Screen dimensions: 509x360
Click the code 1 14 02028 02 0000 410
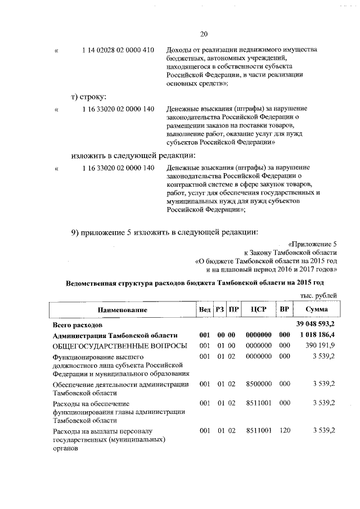pos(118,50)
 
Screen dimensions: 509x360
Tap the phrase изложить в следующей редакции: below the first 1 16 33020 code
pos(133,155)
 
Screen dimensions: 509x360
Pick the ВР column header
pos(284,310)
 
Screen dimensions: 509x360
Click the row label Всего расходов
pos(78,325)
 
